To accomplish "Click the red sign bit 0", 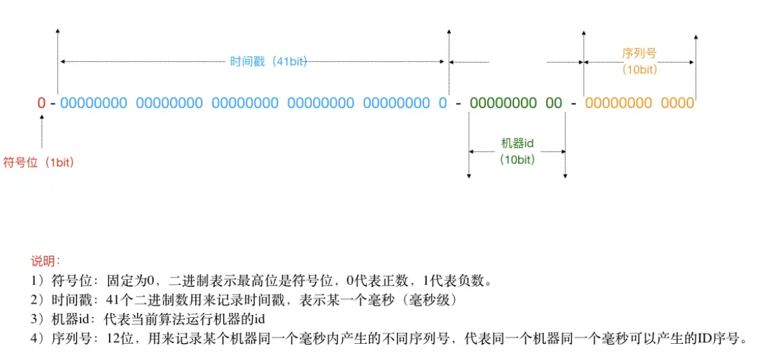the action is click(x=42, y=103).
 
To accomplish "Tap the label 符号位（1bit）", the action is click(x=38, y=162).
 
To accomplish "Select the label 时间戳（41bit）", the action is click(x=268, y=61).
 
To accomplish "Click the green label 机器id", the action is click(x=517, y=143).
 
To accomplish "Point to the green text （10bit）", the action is click(x=517, y=159).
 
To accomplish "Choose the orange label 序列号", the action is click(x=639, y=53).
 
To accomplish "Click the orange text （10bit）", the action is click(x=639, y=69).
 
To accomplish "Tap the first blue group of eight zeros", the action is click(x=93, y=103).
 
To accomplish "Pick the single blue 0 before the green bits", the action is click(x=442, y=103).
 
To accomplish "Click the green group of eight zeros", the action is click(x=503, y=103).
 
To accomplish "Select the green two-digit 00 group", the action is click(x=554, y=103).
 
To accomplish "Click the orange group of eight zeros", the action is click(x=618, y=103).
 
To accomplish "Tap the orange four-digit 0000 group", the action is click(x=677, y=103).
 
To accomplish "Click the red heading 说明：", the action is click(x=46, y=261).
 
